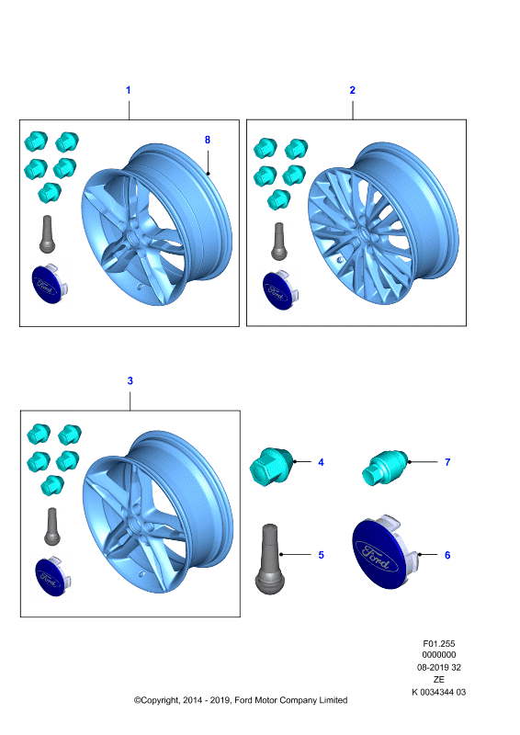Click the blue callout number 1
click(128, 90)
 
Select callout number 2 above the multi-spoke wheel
click(353, 90)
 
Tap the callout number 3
click(130, 380)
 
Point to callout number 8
click(208, 140)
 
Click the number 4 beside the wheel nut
click(321, 462)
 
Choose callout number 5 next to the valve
click(321, 555)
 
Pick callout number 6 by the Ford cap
click(447, 555)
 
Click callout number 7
click(447, 462)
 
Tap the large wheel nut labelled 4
click(272, 466)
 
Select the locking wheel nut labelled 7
click(385, 468)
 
